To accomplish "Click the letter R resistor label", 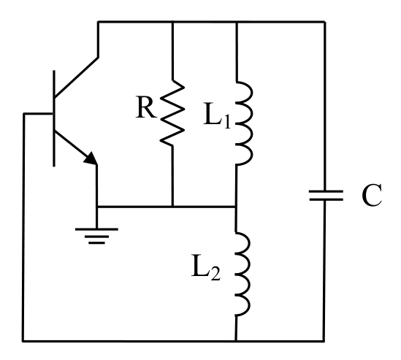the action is tap(146, 107).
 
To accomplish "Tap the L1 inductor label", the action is tap(217, 114).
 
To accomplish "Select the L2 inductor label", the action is tap(206, 267).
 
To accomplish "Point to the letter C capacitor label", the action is tap(372, 195).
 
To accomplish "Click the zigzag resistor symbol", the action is tap(172, 112).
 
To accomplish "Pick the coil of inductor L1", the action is tap(244, 123).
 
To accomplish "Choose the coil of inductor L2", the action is tap(242, 274).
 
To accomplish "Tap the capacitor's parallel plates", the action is tap(326, 196).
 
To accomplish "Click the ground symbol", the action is tap(96, 236).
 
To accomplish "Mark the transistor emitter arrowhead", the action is tap(91, 158).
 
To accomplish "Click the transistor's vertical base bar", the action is tap(54, 118).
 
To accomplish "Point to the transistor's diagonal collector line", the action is tap(76, 77).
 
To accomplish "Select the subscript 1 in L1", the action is tap(226, 121).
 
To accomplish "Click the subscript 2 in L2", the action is tap(215, 275).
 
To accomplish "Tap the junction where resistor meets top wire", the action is tap(172, 22).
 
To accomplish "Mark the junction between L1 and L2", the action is tap(235, 207).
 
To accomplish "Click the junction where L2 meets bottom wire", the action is tap(235, 341).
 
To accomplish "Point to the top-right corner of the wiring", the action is tap(325, 22).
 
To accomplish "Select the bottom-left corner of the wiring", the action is tap(23, 341).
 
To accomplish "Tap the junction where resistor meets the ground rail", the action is tap(173, 207).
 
